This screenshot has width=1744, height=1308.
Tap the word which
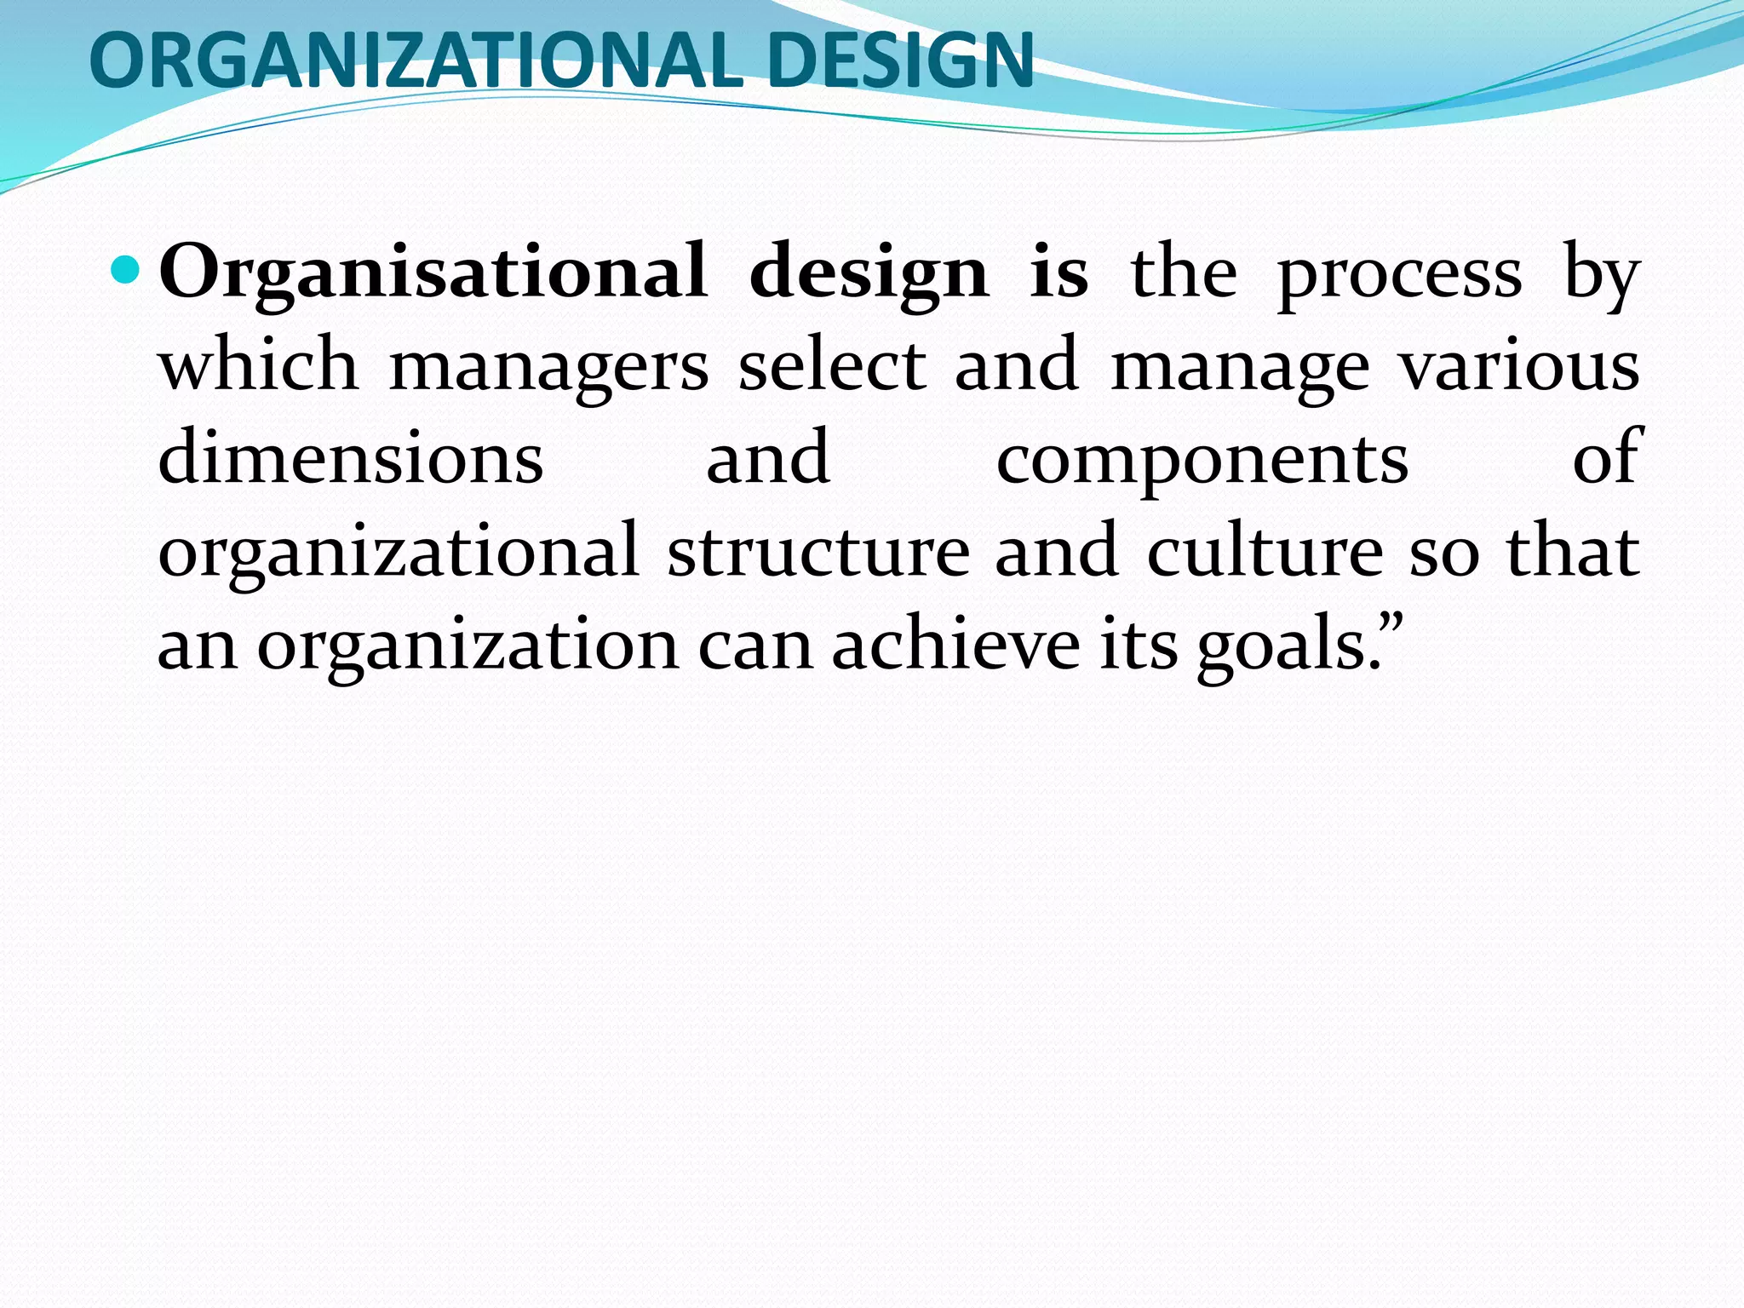258,364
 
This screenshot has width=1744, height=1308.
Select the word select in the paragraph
831,364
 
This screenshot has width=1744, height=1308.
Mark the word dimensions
351,458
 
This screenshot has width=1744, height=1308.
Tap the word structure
818,551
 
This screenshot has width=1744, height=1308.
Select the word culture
1265,550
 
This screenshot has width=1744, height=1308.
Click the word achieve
956,644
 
